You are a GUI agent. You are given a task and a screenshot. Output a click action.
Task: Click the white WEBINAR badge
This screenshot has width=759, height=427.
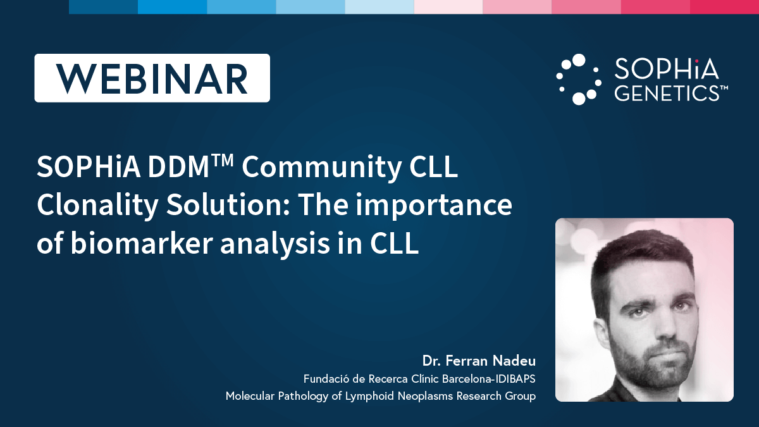(152, 78)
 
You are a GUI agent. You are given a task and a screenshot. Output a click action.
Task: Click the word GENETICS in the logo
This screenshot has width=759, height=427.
(667, 93)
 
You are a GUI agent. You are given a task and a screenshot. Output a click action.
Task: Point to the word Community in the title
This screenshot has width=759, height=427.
(321, 167)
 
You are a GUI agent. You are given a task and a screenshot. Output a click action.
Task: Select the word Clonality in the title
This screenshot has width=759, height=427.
(97, 206)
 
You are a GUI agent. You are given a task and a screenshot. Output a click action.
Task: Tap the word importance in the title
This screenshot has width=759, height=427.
(433, 206)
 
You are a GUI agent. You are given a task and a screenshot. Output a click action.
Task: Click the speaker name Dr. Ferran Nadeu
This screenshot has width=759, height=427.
(479, 361)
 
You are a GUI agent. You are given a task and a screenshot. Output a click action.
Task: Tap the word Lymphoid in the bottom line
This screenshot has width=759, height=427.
(369, 396)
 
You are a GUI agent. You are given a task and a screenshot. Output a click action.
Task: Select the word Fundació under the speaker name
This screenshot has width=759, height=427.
(326, 378)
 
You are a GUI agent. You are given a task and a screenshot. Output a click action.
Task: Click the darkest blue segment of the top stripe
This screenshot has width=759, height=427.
(103, 7)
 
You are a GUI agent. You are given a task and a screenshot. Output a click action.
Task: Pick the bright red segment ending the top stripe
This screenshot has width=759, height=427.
(724, 7)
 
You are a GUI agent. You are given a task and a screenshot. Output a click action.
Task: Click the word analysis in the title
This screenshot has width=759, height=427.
(275, 244)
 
